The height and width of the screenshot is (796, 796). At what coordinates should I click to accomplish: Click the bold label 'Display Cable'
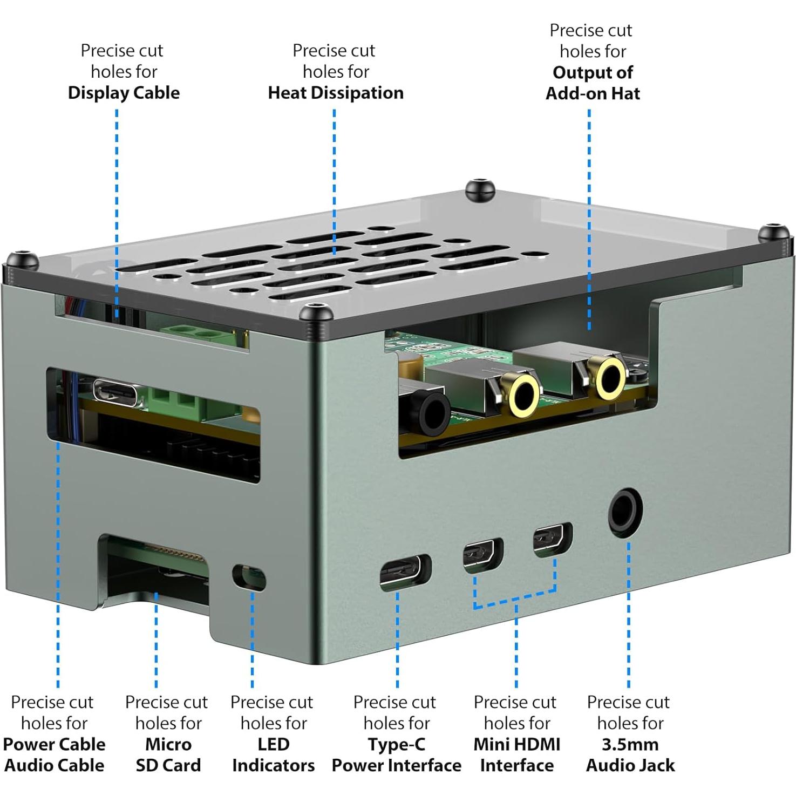[124, 93]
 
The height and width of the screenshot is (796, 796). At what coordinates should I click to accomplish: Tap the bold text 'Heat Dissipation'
[336, 93]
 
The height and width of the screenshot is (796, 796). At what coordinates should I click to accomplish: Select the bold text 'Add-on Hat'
[593, 93]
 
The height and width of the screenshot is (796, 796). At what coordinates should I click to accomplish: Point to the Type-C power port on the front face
[404, 573]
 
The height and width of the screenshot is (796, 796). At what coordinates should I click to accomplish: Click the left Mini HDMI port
[482, 555]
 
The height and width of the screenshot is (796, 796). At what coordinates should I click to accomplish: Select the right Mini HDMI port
[552, 539]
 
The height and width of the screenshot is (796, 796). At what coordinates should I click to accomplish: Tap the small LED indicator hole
[249, 577]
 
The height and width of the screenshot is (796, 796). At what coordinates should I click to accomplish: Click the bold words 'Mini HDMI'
[516, 744]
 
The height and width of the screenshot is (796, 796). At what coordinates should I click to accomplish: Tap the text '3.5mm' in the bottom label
[630, 744]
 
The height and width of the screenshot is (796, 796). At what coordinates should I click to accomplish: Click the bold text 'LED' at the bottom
[273, 744]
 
